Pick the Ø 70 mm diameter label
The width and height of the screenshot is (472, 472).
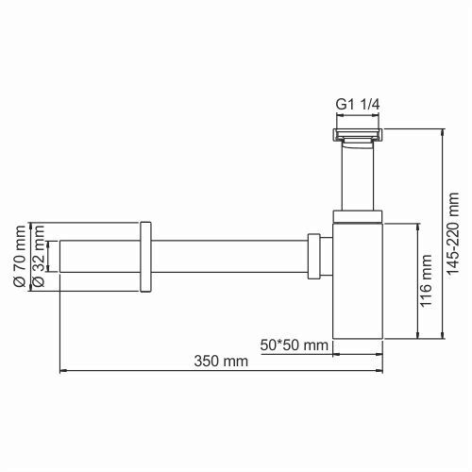pyautogui.click(x=16, y=258)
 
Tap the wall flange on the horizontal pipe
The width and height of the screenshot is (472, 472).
pyautogui.click(x=145, y=258)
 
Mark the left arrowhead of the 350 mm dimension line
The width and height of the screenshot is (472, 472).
pyautogui.click(x=63, y=371)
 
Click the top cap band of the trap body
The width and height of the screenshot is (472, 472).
pyautogui.click(x=359, y=217)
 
